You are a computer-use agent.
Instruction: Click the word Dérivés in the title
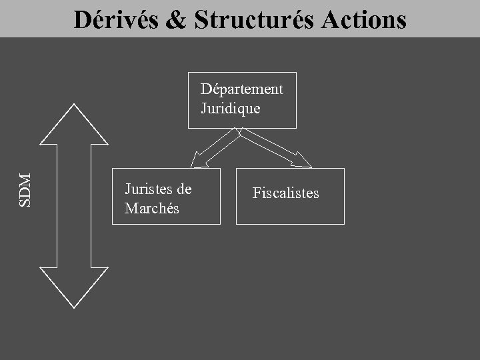click(x=115, y=20)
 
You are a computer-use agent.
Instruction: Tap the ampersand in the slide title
click(x=175, y=20)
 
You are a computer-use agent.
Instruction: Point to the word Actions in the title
click(x=364, y=20)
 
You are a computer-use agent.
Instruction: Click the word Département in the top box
click(x=242, y=89)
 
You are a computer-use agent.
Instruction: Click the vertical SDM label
click(x=26, y=189)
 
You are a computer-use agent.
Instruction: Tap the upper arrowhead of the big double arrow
click(x=74, y=123)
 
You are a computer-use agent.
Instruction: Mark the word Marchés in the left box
click(x=152, y=208)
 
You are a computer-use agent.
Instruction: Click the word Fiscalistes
click(x=286, y=193)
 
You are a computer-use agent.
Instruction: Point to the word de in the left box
click(x=183, y=189)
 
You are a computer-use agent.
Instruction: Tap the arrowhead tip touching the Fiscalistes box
click(x=312, y=167)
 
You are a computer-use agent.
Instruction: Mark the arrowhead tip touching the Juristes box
click(x=191, y=167)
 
